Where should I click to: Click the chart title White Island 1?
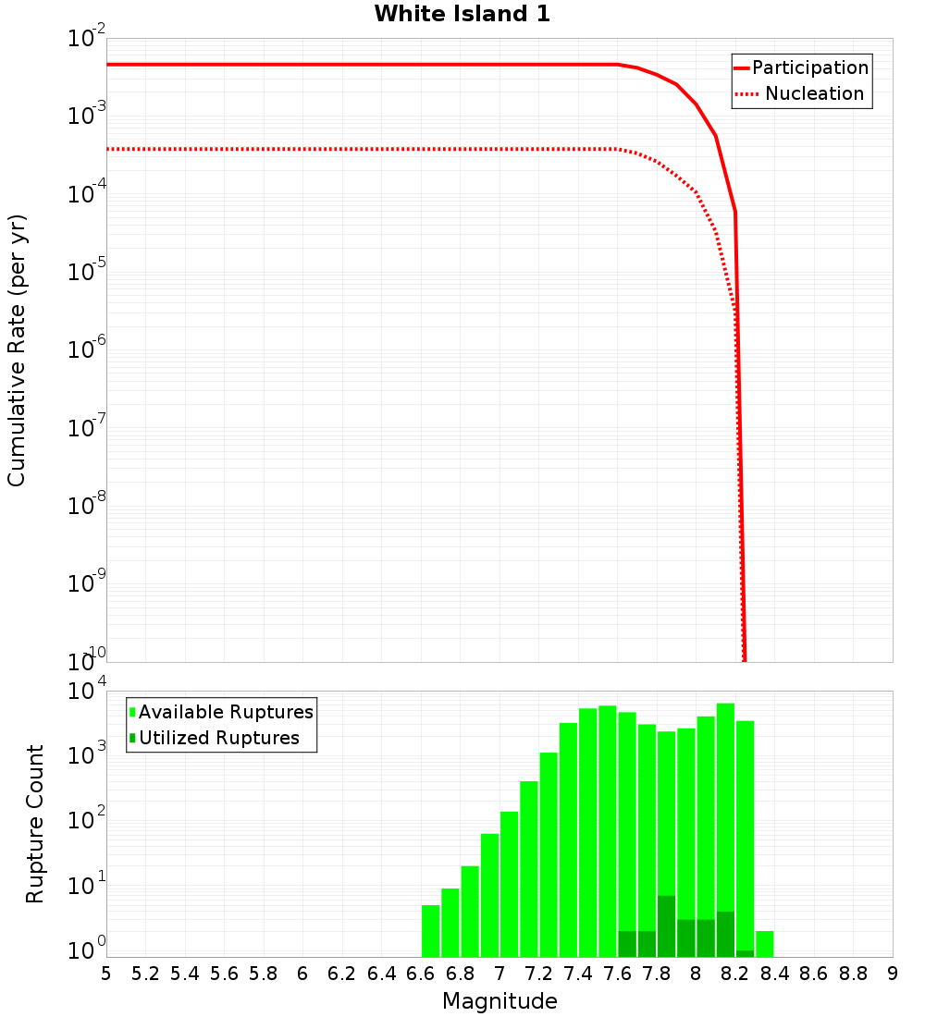tap(462, 15)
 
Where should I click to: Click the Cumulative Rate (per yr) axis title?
tap(17, 350)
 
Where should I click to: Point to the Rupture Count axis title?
tap(35, 824)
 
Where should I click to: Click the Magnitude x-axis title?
tap(499, 1001)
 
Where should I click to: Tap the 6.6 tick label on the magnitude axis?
tap(421, 974)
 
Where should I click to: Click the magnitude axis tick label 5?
tap(106, 974)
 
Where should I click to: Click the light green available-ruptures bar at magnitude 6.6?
tap(430, 931)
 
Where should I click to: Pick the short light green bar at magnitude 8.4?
tap(765, 944)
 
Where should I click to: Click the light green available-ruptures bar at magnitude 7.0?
tap(509, 884)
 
